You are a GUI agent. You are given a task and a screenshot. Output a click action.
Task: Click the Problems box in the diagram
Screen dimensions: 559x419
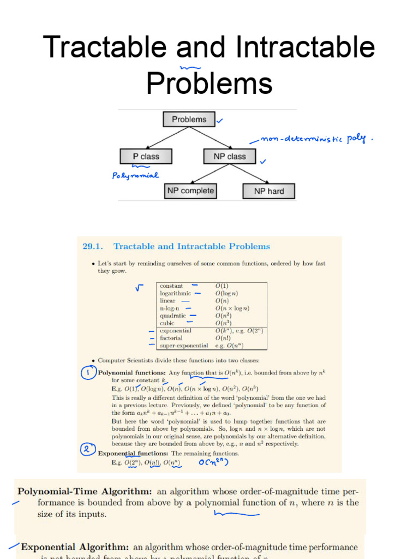click(189, 120)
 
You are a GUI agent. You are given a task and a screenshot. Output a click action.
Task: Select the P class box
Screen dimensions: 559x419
click(146, 156)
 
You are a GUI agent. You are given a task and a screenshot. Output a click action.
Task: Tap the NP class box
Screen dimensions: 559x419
click(229, 156)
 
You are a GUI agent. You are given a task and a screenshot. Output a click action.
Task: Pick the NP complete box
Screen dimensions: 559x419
click(190, 191)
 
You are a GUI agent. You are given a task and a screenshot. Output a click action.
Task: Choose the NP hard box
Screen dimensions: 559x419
click(268, 191)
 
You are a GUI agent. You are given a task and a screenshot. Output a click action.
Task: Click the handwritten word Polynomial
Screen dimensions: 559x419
click(135, 175)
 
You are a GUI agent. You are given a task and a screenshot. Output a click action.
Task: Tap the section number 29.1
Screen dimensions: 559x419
click(93, 246)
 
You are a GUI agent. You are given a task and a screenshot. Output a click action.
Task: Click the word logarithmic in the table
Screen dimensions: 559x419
click(176, 293)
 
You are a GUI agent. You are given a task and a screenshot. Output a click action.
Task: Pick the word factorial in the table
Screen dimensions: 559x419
click(171, 338)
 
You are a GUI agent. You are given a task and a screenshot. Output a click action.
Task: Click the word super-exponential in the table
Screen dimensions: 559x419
click(184, 346)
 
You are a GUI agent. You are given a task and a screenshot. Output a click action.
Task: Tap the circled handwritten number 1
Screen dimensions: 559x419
click(87, 373)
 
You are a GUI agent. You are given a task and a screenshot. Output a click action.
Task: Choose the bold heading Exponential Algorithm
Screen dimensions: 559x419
click(75, 547)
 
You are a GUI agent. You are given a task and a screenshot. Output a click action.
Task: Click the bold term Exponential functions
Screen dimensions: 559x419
click(133, 453)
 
